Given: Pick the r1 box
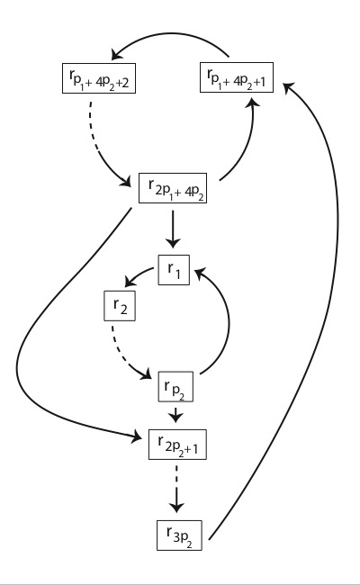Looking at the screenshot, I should (174, 269).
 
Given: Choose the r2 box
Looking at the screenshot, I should (118, 309).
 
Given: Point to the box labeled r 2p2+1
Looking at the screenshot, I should (178, 443).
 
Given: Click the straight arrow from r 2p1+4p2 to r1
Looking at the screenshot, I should (174, 229).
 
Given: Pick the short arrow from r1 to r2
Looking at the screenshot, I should (139, 277).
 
